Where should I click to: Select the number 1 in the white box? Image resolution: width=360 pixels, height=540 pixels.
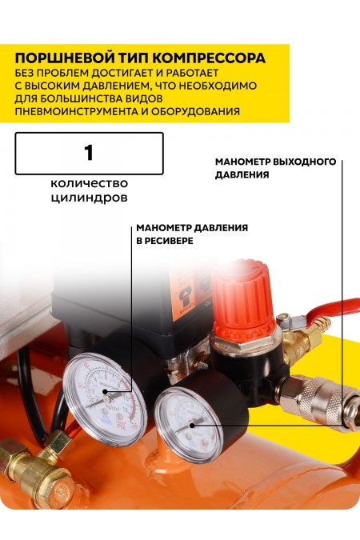[89, 153]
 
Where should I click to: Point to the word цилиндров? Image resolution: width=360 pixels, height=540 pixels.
[89, 196]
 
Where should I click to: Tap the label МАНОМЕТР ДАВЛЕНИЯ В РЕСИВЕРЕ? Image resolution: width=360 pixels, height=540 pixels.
[191, 234]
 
